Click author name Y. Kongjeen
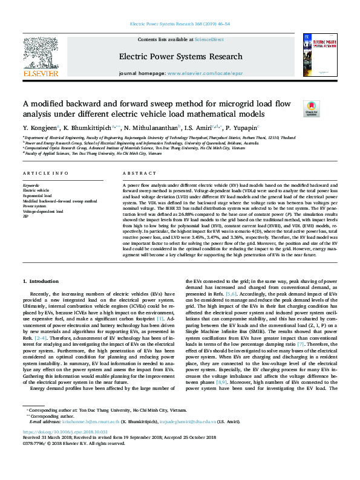coord(40,128)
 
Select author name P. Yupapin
coord(241,128)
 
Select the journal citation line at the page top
coord(180,25)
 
